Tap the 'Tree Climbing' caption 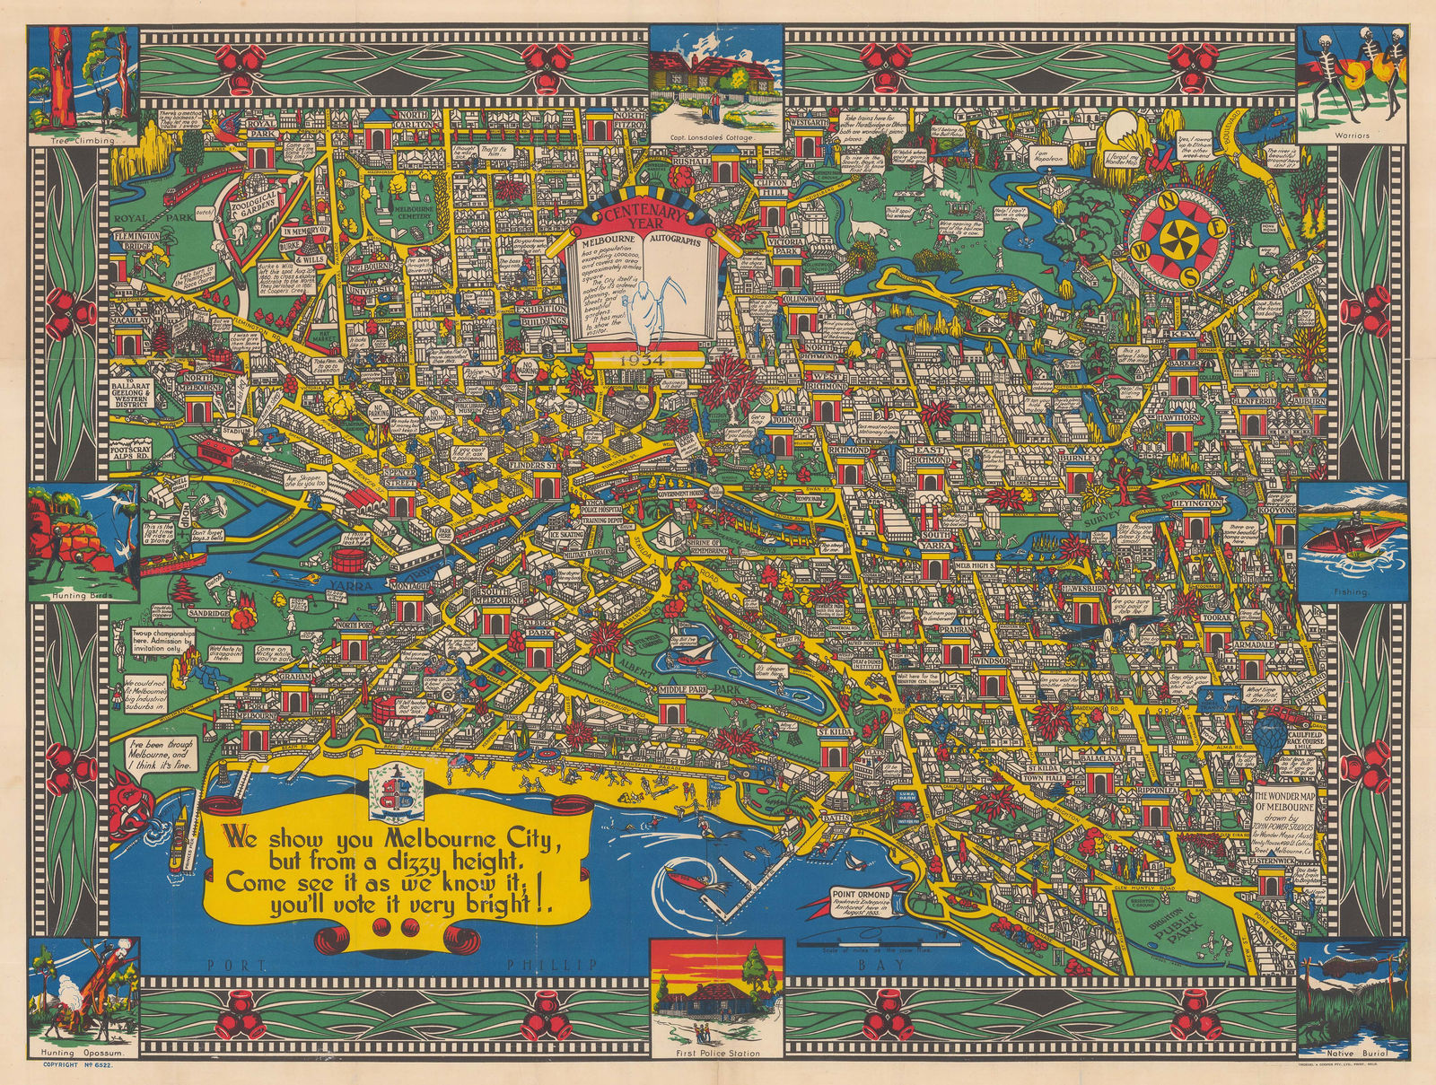(x=83, y=141)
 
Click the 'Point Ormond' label (x=861, y=895)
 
